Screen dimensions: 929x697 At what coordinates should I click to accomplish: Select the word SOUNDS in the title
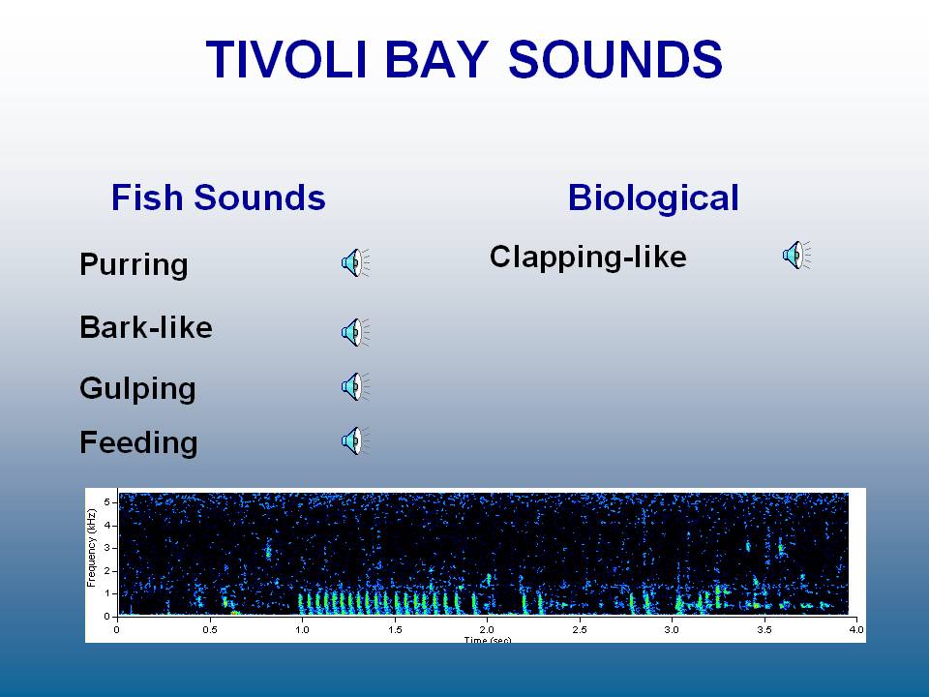[615, 59]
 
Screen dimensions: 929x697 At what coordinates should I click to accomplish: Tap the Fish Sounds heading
[218, 197]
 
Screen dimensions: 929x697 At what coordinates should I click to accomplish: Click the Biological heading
[653, 197]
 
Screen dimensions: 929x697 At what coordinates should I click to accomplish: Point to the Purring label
[134, 264]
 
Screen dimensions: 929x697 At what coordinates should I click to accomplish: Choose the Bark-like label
[146, 327]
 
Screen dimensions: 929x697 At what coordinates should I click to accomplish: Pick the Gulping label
[137, 389]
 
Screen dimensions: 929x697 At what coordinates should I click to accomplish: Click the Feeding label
[138, 442]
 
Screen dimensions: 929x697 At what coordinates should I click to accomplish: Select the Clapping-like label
[587, 257]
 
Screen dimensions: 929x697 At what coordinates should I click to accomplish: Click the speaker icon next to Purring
[355, 262]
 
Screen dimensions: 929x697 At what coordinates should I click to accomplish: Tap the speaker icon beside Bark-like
[355, 332]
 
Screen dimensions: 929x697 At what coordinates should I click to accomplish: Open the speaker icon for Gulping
[355, 386]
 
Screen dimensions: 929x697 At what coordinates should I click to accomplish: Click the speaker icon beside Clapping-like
[796, 255]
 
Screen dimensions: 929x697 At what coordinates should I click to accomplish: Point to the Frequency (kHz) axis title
[91, 548]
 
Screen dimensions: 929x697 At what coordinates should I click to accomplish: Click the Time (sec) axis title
[487, 640]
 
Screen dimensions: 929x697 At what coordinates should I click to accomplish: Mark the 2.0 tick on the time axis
[487, 629]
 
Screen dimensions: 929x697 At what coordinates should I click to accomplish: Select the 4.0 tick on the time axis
[856, 629]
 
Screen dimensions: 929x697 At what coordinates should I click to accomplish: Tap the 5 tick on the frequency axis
[107, 502]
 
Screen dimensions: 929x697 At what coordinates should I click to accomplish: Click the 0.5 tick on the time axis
[209, 629]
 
